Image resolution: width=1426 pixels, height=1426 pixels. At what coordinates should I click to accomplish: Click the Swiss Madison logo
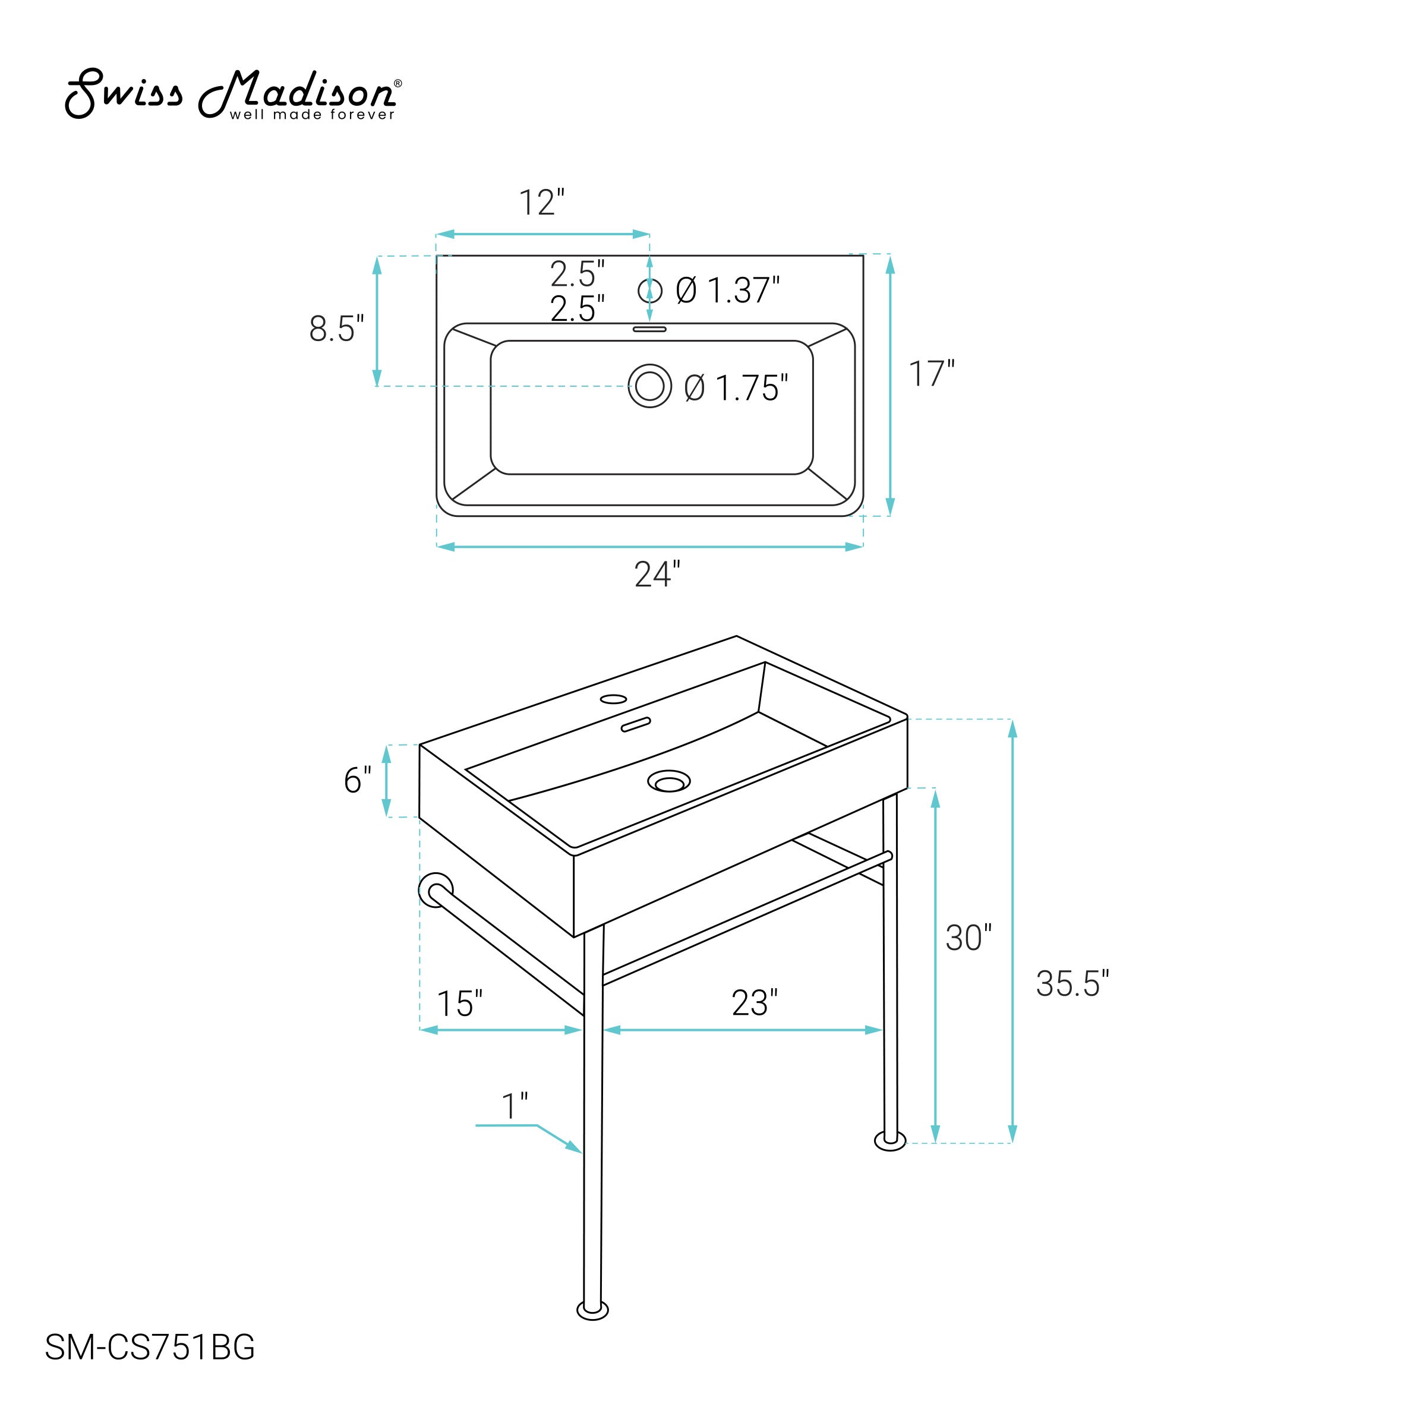[234, 94]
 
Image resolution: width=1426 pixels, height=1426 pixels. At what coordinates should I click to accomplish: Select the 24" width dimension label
[657, 574]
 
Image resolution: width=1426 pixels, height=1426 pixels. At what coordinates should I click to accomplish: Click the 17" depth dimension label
[930, 374]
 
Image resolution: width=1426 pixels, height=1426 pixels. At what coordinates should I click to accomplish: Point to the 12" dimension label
[542, 203]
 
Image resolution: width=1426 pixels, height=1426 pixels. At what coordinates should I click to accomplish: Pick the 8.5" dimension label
[336, 329]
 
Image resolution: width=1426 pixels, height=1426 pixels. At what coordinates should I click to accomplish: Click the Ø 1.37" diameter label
[728, 291]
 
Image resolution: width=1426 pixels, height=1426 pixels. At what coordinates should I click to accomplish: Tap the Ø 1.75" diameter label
[736, 388]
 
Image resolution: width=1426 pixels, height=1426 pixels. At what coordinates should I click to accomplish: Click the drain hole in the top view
[649, 385]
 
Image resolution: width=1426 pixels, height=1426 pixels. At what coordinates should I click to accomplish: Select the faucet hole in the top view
[649, 290]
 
